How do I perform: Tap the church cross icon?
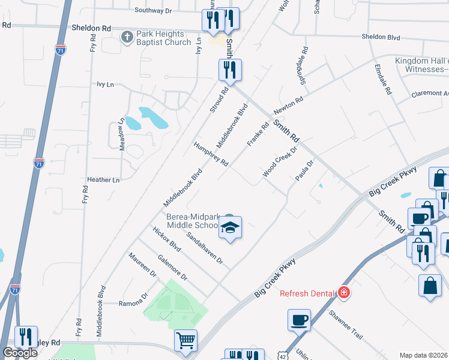[x=127, y=38]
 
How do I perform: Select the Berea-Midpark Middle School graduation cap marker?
[x=230, y=227]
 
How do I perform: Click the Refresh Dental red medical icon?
[x=344, y=293]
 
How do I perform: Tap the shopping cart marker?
[x=186, y=341]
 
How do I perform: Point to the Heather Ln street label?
[x=103, y=179]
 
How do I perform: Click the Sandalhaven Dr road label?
[x=203, y=248]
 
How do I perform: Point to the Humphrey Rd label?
[x=211, y=154]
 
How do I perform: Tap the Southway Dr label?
[x=153, y=10]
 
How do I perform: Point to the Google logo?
[x=20, y=353]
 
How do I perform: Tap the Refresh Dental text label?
[x=307, y=293]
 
